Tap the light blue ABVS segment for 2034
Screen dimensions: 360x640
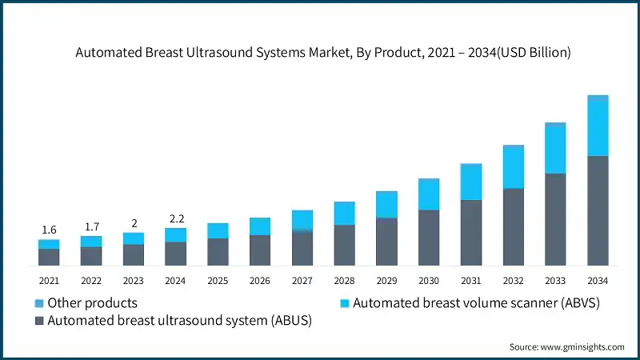coord(598,126)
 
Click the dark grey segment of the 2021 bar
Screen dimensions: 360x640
coord(49,257)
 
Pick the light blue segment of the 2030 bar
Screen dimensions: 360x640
coord(429,194)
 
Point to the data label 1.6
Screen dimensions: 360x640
coord(49,230)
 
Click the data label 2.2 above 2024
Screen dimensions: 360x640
coord(175,218)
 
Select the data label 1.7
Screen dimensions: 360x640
coord(91,226)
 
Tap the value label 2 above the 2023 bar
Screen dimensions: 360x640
coord(134,223)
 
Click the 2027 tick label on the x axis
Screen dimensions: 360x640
coord(302,281)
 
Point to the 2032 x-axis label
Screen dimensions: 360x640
coord(513,281)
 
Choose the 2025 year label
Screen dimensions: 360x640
coord(218,281)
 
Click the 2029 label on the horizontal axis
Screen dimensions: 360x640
coord(386,281)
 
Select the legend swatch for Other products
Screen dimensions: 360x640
coord(39,303)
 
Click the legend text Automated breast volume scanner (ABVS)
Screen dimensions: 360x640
coord(476,303)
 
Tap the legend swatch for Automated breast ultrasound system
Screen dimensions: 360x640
coord(39,321)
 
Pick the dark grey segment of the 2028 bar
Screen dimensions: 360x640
coord(344,245)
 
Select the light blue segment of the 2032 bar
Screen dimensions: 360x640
coord(513,167)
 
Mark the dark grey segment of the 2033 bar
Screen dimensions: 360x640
coord(555,219)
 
